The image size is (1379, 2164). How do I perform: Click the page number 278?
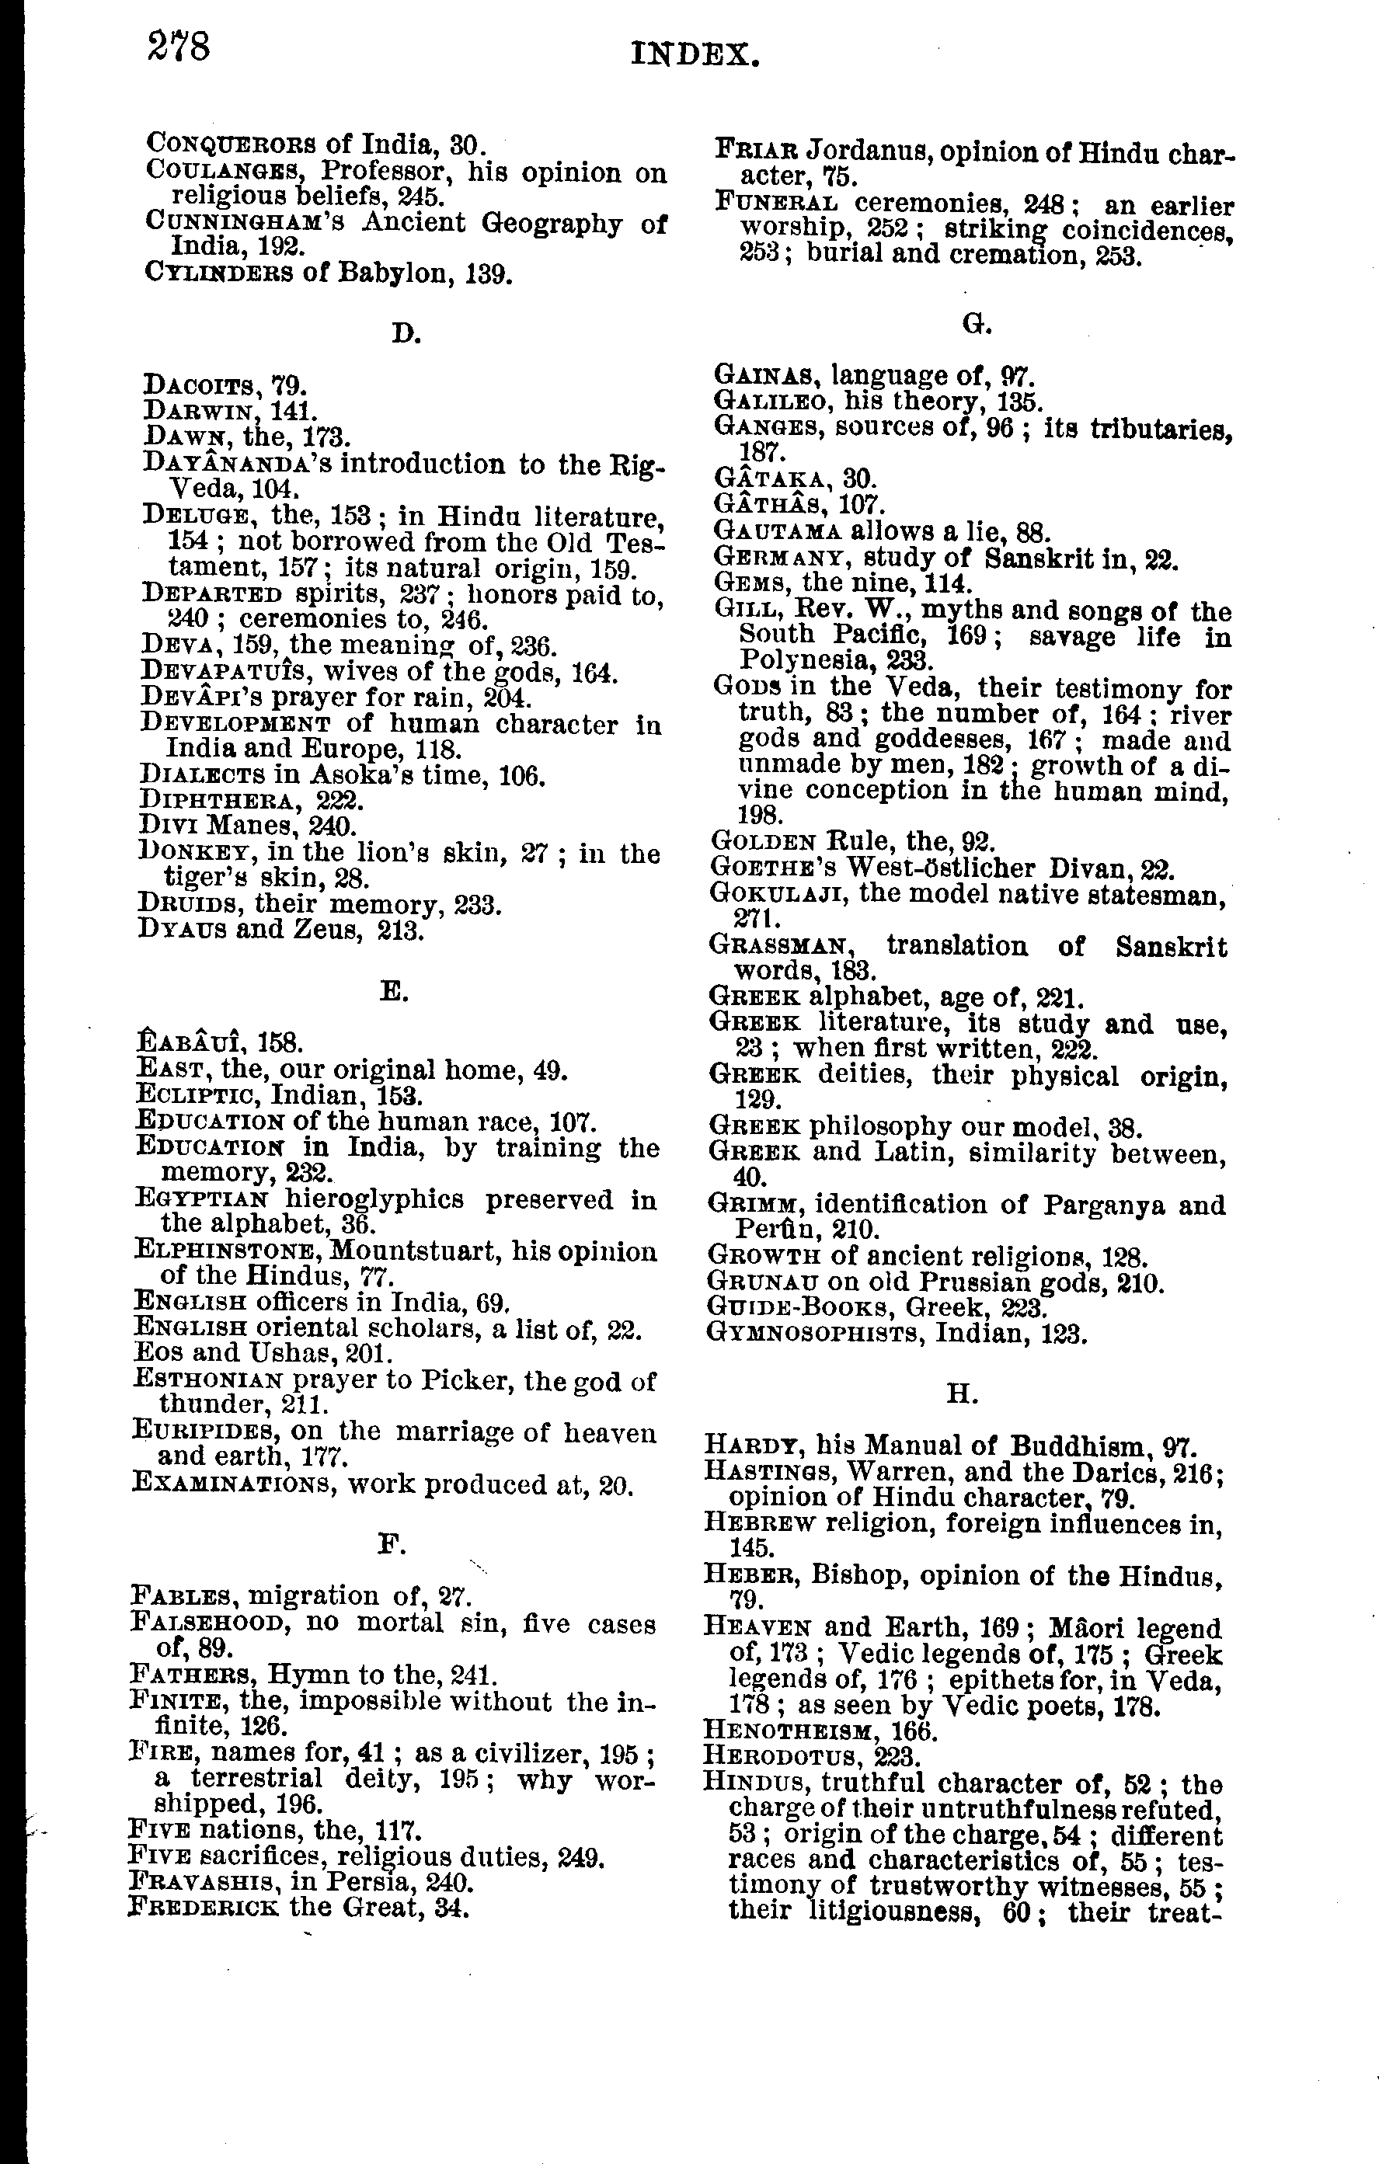point(179,47)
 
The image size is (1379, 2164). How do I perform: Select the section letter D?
point(406,333)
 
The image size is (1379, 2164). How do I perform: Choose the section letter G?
point(977,325)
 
